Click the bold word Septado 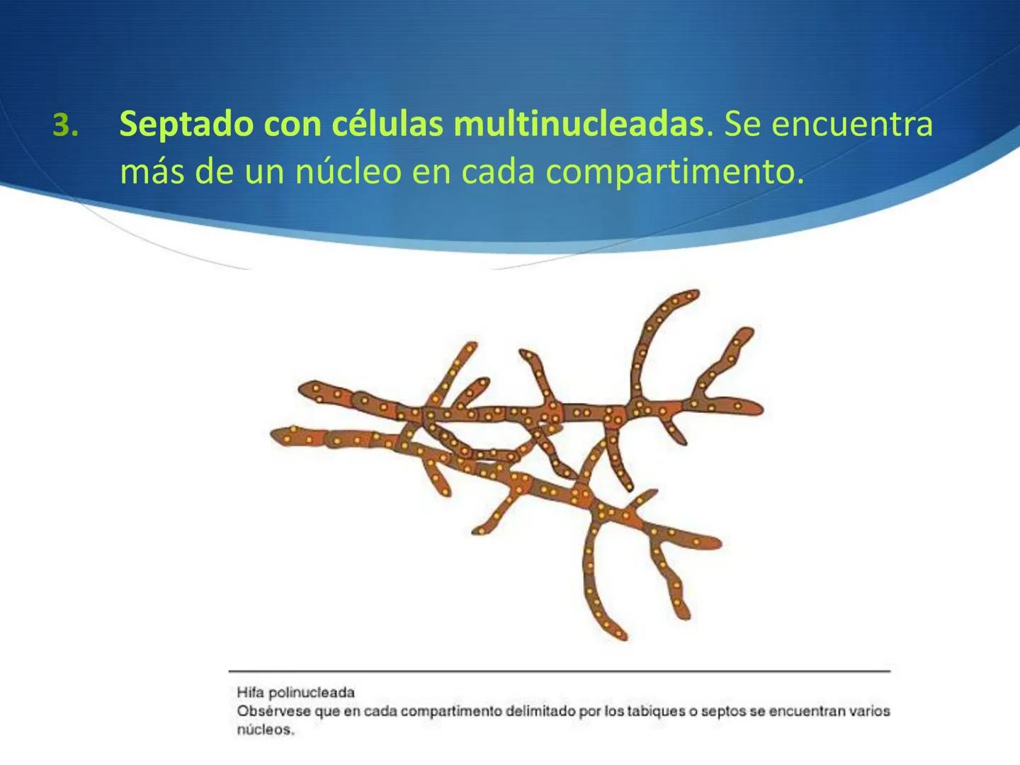(x=186, y=125)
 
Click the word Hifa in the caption (x=250, y=692)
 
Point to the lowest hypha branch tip (x=621, y=634)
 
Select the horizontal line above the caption (x=559, y=670)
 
